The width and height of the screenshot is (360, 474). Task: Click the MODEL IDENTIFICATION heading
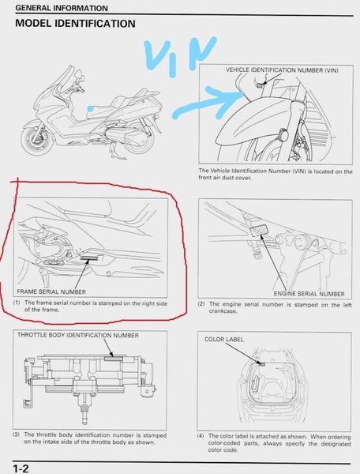tap(75, 23)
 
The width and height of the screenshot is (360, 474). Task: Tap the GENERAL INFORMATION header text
tap(62, 8)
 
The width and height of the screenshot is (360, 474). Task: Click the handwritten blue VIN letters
tap(180, 55)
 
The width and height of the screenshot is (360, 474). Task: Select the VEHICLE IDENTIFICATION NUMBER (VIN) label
tap(282, 70)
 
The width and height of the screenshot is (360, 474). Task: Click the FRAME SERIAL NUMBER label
tap(51, 292)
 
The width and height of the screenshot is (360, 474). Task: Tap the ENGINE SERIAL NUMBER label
tap(309, 294)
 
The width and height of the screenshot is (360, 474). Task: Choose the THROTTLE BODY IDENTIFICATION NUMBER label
tap(78, 336)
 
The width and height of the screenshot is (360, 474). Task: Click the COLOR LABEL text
tap(223, 340)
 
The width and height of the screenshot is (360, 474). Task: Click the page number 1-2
tap(21, 468)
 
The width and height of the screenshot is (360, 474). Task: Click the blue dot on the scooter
tap(90, 108)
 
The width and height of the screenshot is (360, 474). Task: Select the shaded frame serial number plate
tap(88, 258)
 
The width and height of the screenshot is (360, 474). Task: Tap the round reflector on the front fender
tap(283, 134)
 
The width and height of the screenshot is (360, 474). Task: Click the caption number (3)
tap(16, 434)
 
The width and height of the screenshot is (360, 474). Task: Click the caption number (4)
tap(201, 436)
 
